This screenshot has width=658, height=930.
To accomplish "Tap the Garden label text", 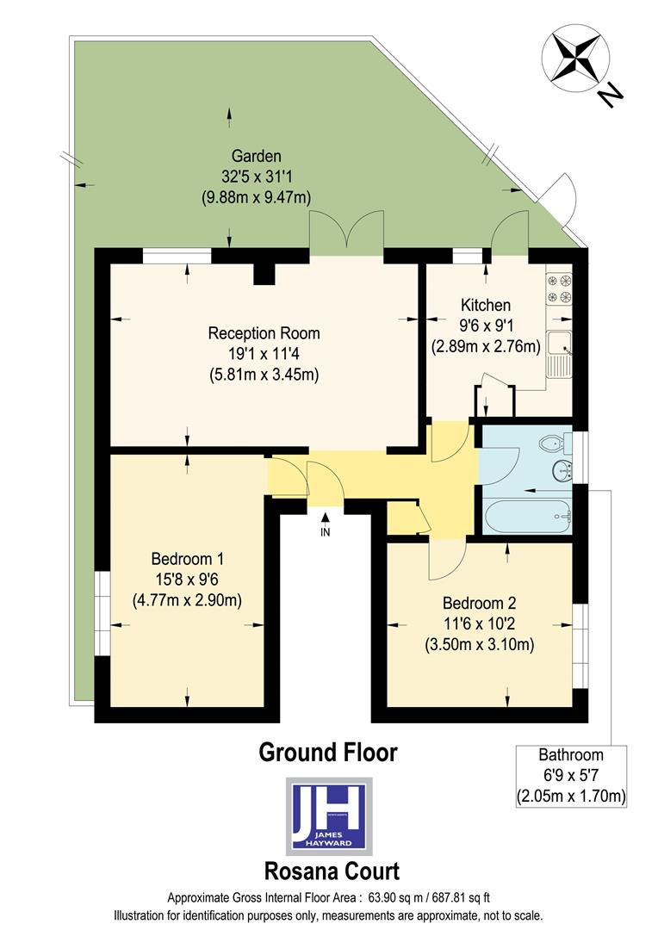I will click(256, 156).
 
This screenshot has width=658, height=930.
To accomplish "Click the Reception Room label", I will click(264, 333).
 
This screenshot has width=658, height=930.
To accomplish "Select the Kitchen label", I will click(485, 305).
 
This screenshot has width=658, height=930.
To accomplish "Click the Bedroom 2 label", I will click(479, 602).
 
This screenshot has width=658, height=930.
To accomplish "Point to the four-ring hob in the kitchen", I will click(559, 288).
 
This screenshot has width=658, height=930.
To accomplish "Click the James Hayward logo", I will click(329, 815).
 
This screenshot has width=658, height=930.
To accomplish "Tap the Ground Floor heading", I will click(328, 752).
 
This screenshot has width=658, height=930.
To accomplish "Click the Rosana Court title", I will click(329, 871).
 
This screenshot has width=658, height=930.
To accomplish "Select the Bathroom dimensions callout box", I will click(571, 776).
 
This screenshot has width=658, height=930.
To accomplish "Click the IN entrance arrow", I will click(326, 519).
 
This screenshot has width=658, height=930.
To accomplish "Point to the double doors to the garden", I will click(346, 237).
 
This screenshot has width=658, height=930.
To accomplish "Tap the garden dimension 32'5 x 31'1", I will click(256, 177).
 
